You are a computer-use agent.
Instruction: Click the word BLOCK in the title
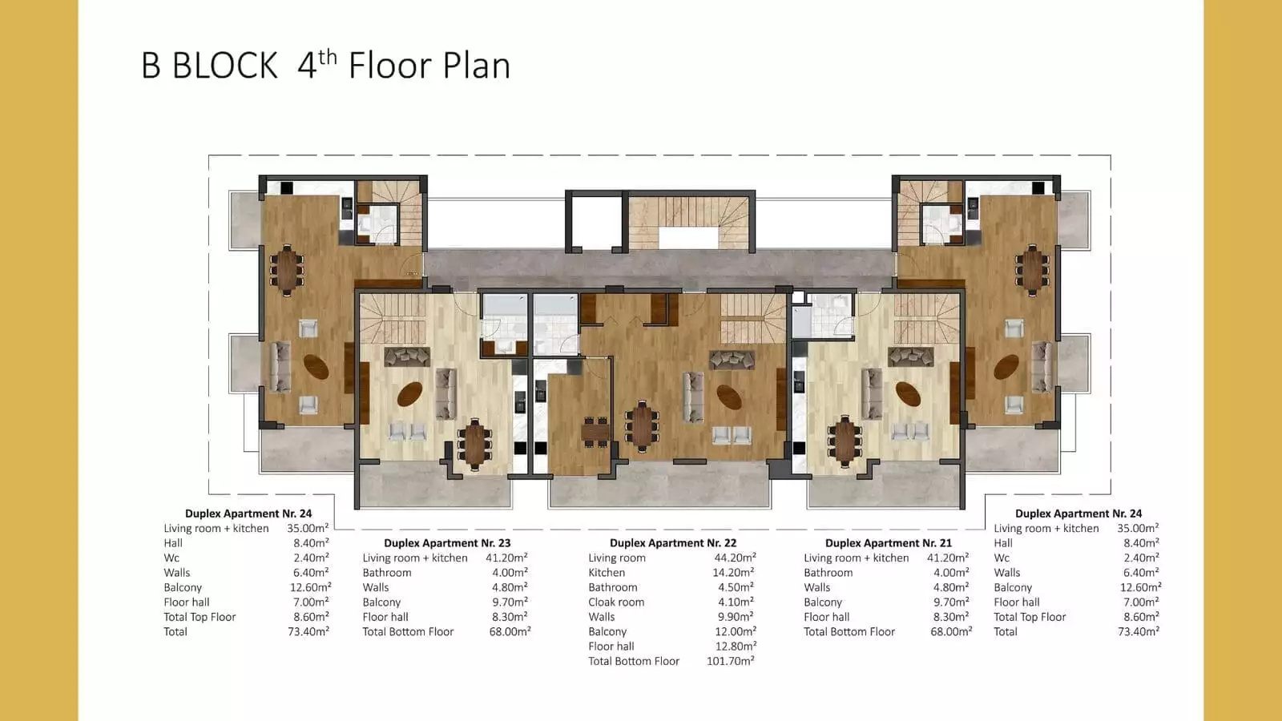pyautogui.click(x=225, y=66)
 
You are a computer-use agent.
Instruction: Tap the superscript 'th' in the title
pyautogui.click(x=328, y=57)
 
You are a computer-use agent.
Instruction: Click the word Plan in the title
pyautogui.click(x=477, y=66)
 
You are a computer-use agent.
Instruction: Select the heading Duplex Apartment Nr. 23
pyautogui.click(x=447, y=542)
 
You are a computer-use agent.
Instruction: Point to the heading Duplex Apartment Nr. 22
pyautogui.click(x=673, y=542)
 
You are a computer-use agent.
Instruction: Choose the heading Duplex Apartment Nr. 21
pyautogui.click(x=889, y=542)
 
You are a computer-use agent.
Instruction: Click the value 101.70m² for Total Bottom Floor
pyautogui.click(x=730, y=661)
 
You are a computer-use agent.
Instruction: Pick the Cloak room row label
pyautogui.click(x=616, y=602)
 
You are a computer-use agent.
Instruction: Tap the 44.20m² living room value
pyautogui.click(x=735, y=558)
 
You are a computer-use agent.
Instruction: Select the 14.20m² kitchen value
pyautogui.click(x=733, y=572)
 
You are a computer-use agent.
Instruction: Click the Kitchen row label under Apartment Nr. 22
pyautogui.click(x=607, y=572)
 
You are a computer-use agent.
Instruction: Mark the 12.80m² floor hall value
pyautogui.click(x=736, y=646)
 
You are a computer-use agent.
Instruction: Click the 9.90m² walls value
pyautogui.click(x=736, y=617)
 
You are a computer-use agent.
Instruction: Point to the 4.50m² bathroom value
pyautogui.click(x=736, y=587)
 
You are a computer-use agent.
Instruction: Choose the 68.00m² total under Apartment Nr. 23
pyautogui.click(x=510, y=632)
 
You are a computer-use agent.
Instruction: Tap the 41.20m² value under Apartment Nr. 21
pyautogui.click(x=948, y=558)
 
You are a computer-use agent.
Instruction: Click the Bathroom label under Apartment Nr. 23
pyautogui.click(x=387, y=572)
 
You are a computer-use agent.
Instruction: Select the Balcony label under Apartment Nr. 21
pyautogui.click(x=823, y=602)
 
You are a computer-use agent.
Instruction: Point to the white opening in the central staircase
pyautogui.click(x=688, y=237)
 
